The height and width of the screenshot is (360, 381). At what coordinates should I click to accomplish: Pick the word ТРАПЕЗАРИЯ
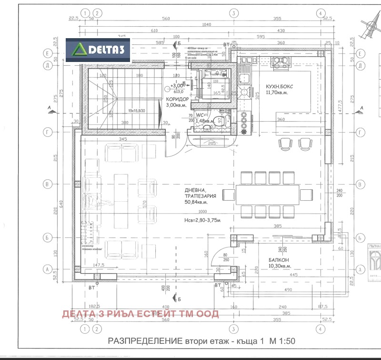[201, 195]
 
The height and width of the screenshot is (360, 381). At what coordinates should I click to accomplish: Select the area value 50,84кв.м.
[200, 202]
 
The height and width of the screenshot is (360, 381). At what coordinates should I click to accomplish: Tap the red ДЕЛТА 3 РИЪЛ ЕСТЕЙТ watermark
[140, 313]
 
